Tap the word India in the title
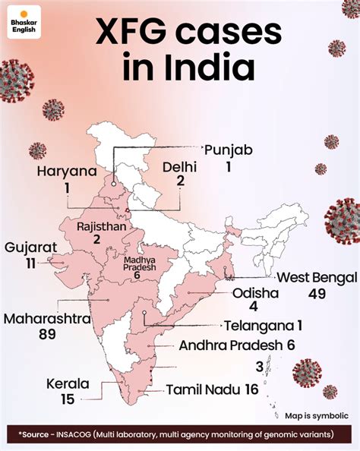point(207,69)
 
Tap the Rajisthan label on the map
point(97,225)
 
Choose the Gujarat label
point(30,248)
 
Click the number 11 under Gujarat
point(30,263)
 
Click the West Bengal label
point(312,276)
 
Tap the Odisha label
point(254,293)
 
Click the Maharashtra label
point(52,317)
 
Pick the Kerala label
point(67,383)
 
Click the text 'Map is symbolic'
point(317,415)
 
